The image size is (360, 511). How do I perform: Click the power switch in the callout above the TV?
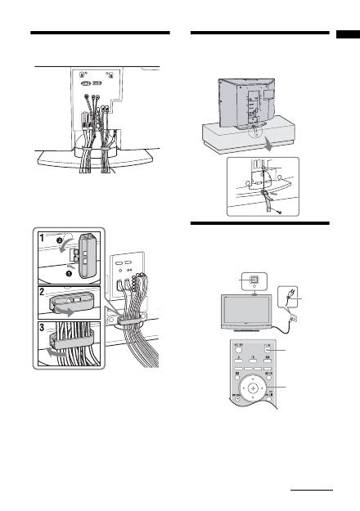click(x=254, y=279)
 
